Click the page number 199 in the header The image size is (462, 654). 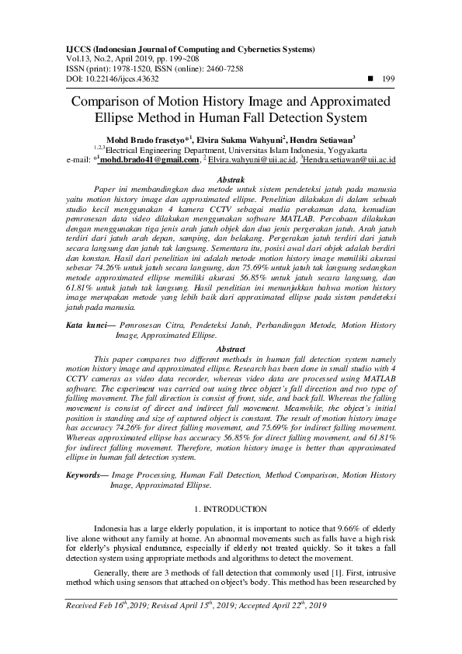pyautogui.click(x=389, y=78)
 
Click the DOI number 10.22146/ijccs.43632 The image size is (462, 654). pyautogui.click(x=118, y=78)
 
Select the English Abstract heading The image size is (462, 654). pyautogui.click(x=231, y=350)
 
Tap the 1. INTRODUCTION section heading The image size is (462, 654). pyautogui.click(x=231, y=509)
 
